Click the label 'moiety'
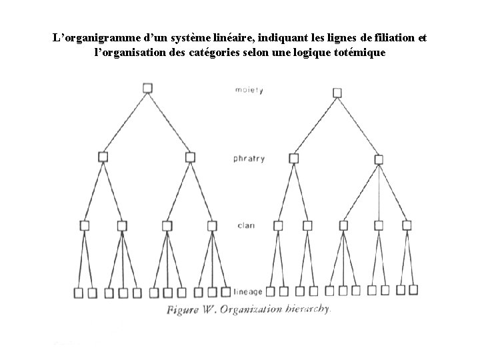[x=249, y=89]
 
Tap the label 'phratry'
[x=249, y=159]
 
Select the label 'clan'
[x=245, y=225]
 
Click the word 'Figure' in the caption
[x=185, y=309]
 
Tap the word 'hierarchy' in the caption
[x=309, y=309]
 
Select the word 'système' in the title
[x=199, y=38]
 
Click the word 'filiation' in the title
[x=389, y=38]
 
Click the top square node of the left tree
[x=147, y=87]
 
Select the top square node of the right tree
[x=337, y=93]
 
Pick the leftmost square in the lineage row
[x=79, y=292]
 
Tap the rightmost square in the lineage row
[x=413, y=289]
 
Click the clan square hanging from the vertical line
[x=378, y=225]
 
